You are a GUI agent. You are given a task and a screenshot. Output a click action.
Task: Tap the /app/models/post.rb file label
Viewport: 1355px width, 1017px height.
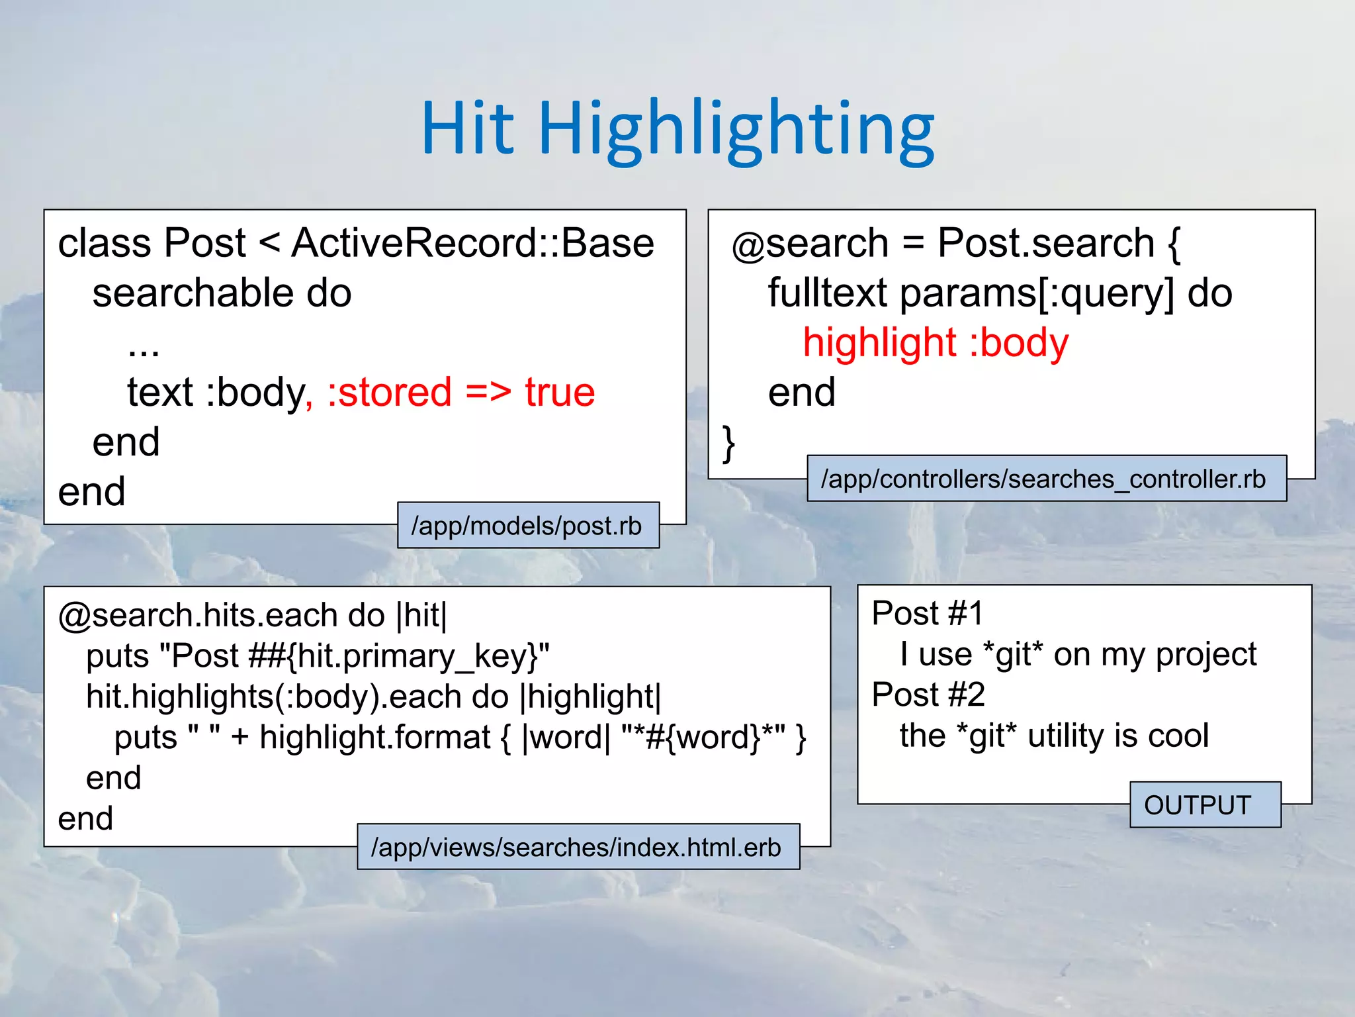[x=527, y=526]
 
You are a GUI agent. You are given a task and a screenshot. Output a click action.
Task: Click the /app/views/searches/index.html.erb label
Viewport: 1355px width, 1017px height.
[x=577, y=847]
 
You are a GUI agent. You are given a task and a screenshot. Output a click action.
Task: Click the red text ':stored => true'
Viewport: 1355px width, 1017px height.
[x=461, y=392]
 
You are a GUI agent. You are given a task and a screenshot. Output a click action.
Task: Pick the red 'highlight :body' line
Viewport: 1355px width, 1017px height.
[x=935, y=343]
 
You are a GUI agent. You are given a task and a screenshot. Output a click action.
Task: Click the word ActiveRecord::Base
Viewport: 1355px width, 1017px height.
[x=472, y=243]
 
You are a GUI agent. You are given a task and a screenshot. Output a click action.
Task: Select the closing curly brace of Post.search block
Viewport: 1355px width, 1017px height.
[x=728, y=443]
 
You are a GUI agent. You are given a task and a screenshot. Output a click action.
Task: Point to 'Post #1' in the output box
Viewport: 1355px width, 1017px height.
[x=927, y=613]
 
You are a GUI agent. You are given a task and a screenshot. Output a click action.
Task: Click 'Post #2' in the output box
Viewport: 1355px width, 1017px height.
[x=928, y=695]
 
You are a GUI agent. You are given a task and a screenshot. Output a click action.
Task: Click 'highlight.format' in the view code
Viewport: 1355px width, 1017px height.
[x=374, y=738]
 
